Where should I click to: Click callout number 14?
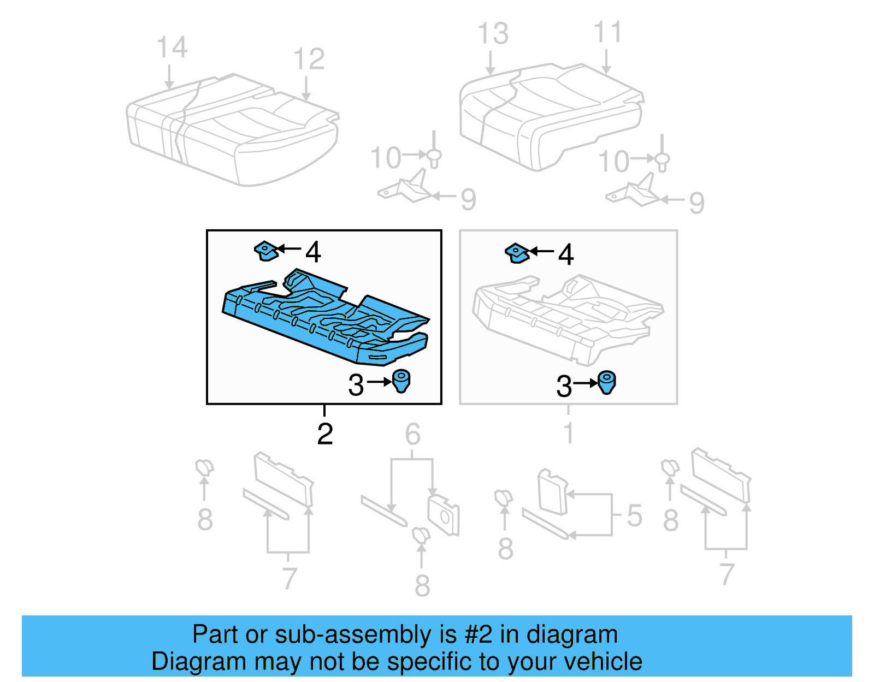pyautogui.click(x=172, y=48)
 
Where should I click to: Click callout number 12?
pyautogui.click(x=309, y=59)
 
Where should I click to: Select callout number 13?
pyautogui.click(x=493, y=34)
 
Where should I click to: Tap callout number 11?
pyautogui.click(x=607, y=33)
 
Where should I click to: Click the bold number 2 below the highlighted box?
pyautogui.click(x=325, y=434)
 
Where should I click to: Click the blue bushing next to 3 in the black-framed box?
pyautogui.click(x=401, y=380)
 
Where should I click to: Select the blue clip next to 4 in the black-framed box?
pyautogui.click(x=266, y=251)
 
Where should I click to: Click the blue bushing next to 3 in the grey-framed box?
pyautogui.click(x=606, y=382)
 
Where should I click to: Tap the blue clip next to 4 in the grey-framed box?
pyautogui.click(x=517, y=253)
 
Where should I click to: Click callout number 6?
pyautogui.click(x=412, y=435)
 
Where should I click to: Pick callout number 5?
pyautogui.click(x=634, y=515)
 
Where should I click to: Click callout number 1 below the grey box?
pyautogui.click(x=569, y=434)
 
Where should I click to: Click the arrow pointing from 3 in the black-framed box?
pyautogui.click(x=379, y=382)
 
